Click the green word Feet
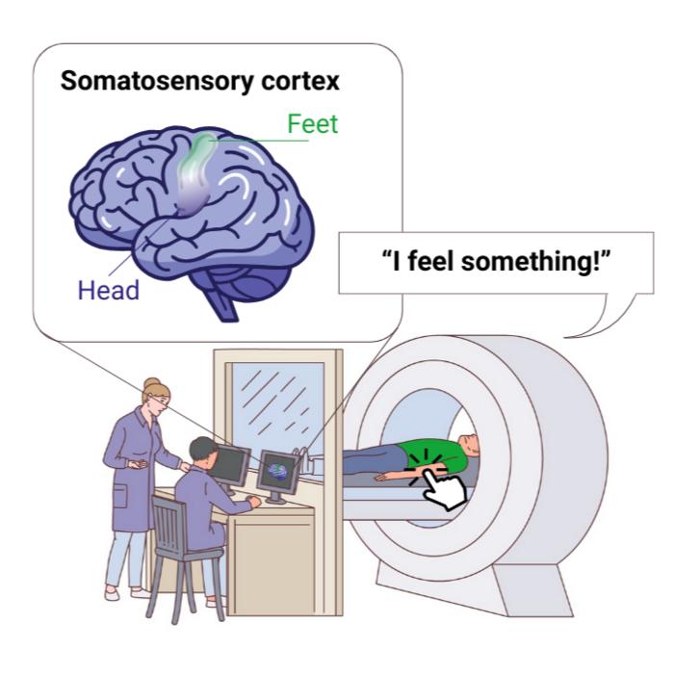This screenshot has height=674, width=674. coord(314,124)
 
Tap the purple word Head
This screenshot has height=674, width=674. coord(109,289)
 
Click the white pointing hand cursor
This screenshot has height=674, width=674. coord(444,489)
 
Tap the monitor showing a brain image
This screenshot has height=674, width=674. coord(278,472)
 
